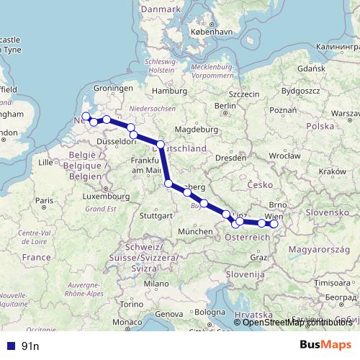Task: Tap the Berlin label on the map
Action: click(225, 106)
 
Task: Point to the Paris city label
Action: click(47, 200)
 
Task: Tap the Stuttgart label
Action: click(156, 215)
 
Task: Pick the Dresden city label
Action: click(231, 157)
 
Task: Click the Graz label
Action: click(258, 257)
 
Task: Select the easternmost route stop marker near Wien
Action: click(274, 224)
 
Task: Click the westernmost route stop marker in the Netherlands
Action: click(86, 116)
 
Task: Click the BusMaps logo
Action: click(325, 345)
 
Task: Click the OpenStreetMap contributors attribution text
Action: click(297, 323)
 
